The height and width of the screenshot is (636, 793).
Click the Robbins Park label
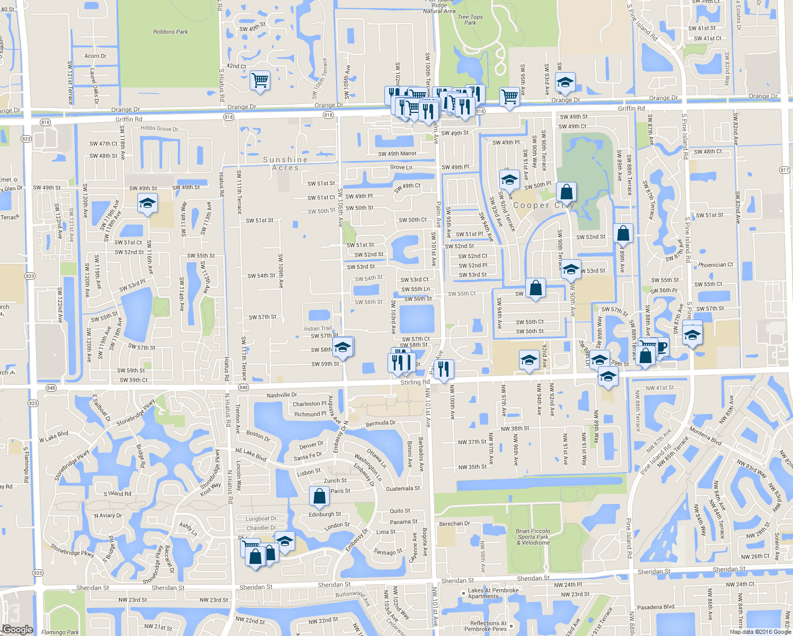(x=171, y=32)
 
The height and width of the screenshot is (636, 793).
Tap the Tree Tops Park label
(x=470, y=20)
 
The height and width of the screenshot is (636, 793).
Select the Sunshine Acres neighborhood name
(x=285, y=164)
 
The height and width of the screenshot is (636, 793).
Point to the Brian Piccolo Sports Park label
(x=533, y=536)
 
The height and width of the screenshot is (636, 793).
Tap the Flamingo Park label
(x=60, y=632)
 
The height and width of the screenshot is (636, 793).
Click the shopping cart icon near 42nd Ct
(x=260, y=81)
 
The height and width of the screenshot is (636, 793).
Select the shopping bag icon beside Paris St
(x=319, y=497)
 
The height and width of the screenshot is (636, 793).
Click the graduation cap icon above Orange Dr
(x=566, y=82)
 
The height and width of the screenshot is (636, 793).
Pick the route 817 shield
(x=785, y=170)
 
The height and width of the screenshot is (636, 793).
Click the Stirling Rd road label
(x=415, y=382)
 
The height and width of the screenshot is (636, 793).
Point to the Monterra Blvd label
(x=706, y=436)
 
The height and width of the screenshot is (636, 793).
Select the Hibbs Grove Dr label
(x=159, y=128)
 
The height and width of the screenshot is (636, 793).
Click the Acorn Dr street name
(x=95, y=56)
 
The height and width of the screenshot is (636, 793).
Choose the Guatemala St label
(x=403, y=489)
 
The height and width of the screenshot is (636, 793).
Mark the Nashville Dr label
(x=281, y=395)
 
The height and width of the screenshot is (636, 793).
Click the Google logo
(x=18, y=630)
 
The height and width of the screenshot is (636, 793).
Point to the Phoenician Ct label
(x=716, y=265)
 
